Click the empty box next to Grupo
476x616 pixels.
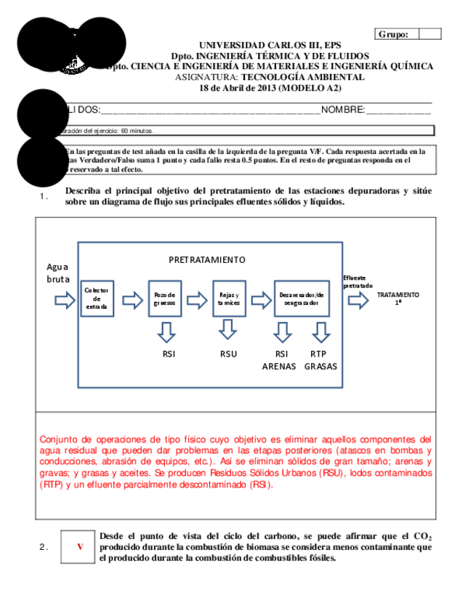(430, 33)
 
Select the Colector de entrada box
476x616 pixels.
(96, 298)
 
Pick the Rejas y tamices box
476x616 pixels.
(228, 298)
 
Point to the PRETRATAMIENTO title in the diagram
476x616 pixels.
(207, 259)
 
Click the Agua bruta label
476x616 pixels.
(58, 272)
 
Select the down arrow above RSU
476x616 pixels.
(228, 331)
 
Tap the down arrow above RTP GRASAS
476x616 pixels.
(320, 331)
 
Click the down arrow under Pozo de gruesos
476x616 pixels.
(166, 331)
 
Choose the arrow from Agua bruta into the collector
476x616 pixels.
(65, 299)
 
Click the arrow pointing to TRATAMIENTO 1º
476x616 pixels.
(358, 299)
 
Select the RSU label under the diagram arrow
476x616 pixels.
(228, 354)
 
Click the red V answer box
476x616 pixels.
(80, 547)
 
